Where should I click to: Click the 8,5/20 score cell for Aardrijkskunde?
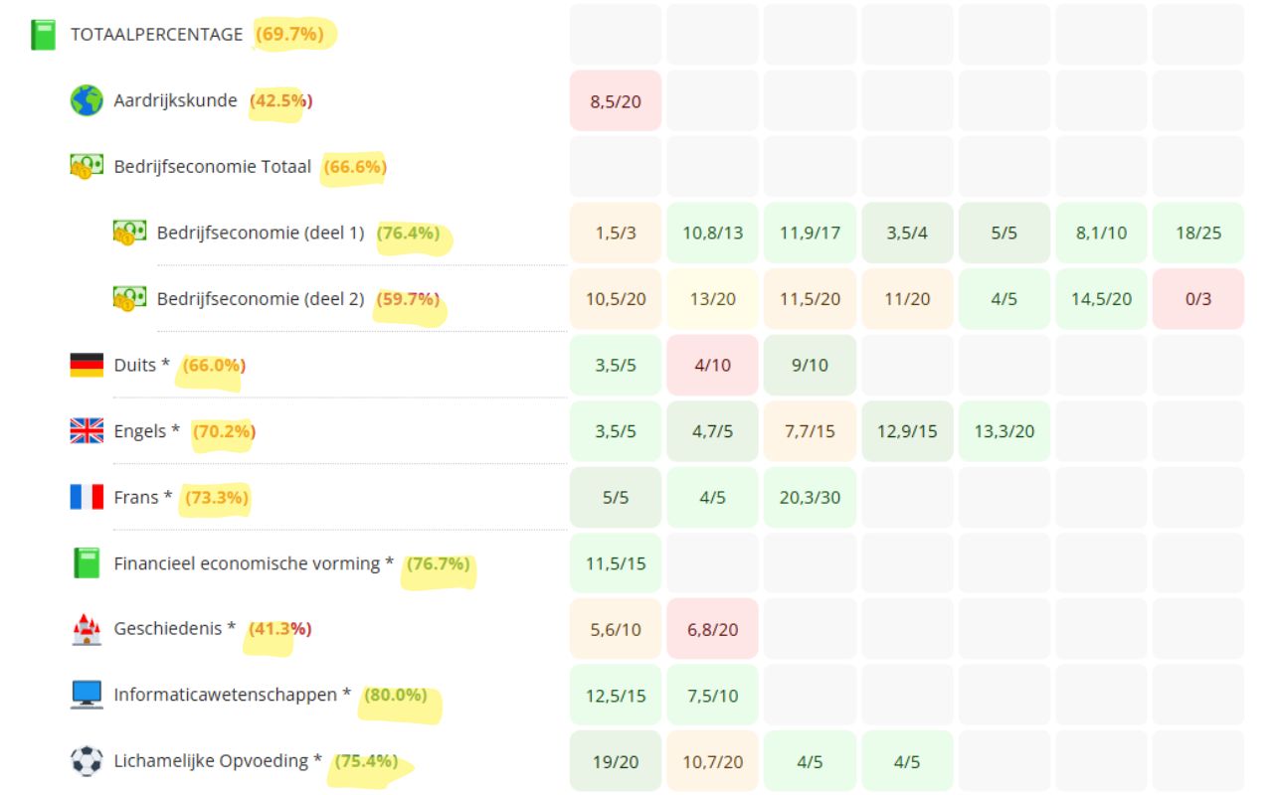click(615, 100)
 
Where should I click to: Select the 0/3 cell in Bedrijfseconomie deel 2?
click(1197, 298)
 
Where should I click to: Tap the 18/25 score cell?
click(1197, 233)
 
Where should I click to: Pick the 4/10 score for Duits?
click(712, 365)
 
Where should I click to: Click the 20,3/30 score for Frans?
click(810, 497)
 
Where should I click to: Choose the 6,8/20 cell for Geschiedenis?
click(712, 629)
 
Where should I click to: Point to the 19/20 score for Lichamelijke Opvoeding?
click(615, 761)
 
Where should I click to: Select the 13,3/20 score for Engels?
click(1004, 431)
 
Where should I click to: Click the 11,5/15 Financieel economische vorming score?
click(615, 563)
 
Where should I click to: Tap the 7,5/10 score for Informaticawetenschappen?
click(712, 696)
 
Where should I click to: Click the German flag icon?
click(87, 365)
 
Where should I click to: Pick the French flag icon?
click(87, 497)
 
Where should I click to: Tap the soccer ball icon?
click(87, 761)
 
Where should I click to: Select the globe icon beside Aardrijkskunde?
click(87, 100)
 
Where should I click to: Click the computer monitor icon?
click(87, 695)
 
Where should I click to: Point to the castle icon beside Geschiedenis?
click(87, 629)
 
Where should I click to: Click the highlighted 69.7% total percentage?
click(289, 34)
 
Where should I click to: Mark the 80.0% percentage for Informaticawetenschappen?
click(396, 695)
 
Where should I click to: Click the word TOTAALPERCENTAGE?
click(156, 34)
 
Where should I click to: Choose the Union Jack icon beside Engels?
click(87, 430)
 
